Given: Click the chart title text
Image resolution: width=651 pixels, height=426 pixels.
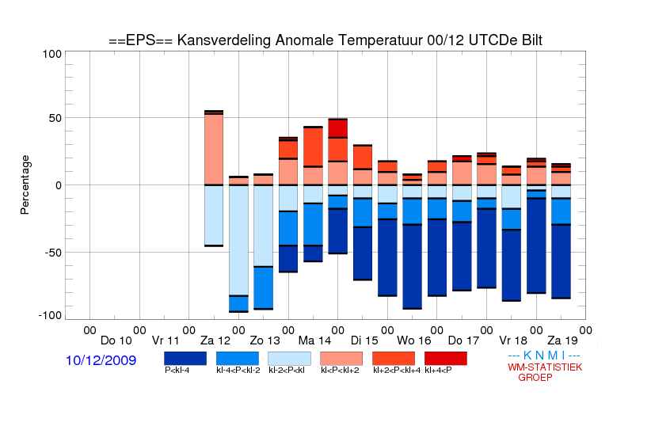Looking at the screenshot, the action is click(x=325, y=40).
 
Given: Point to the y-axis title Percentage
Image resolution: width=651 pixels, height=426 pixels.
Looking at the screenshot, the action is click(x=25, y=184).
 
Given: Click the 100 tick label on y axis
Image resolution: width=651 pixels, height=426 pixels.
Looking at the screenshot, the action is click(x=51, y=54).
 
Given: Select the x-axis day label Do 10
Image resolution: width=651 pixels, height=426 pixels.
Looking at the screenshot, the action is click(x=116, y=341).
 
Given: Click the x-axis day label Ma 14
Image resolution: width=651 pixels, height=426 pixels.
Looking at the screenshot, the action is click(x=314, y=341).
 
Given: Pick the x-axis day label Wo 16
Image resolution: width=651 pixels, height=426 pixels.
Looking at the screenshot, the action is click(x=414, y=341).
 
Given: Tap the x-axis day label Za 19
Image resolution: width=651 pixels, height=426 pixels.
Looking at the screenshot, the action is click(x=562, y=341).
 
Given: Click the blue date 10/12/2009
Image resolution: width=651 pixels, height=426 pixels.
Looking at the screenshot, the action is click(x=101, y=360).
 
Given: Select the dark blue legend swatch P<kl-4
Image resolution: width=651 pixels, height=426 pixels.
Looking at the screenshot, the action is click(x=185, y=359).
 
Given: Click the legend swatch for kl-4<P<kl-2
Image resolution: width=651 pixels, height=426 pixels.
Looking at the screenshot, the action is click(x=238, y=359).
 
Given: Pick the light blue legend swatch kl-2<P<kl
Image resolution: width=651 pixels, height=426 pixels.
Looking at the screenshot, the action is click(x=289, y=359).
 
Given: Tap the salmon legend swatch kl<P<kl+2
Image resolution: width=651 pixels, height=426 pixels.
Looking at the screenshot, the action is click(x=341, y=359).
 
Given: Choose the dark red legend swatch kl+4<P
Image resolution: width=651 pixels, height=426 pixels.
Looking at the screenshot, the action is click(x=446, y=359).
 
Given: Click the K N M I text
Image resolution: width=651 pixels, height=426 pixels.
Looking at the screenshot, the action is click(x=544, y=356).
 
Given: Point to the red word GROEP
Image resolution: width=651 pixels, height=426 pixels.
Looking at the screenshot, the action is click(x=535, y=378).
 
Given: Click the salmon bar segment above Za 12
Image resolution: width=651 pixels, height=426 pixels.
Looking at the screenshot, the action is click(x=214, y=150).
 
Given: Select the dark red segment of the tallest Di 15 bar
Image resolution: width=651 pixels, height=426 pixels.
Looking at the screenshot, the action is click(x=337, y=128).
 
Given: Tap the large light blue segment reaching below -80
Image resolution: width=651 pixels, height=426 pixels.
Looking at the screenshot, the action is click(x=238, y=241).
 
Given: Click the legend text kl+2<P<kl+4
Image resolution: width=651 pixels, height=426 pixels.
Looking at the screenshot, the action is click(x=397, y=370).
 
